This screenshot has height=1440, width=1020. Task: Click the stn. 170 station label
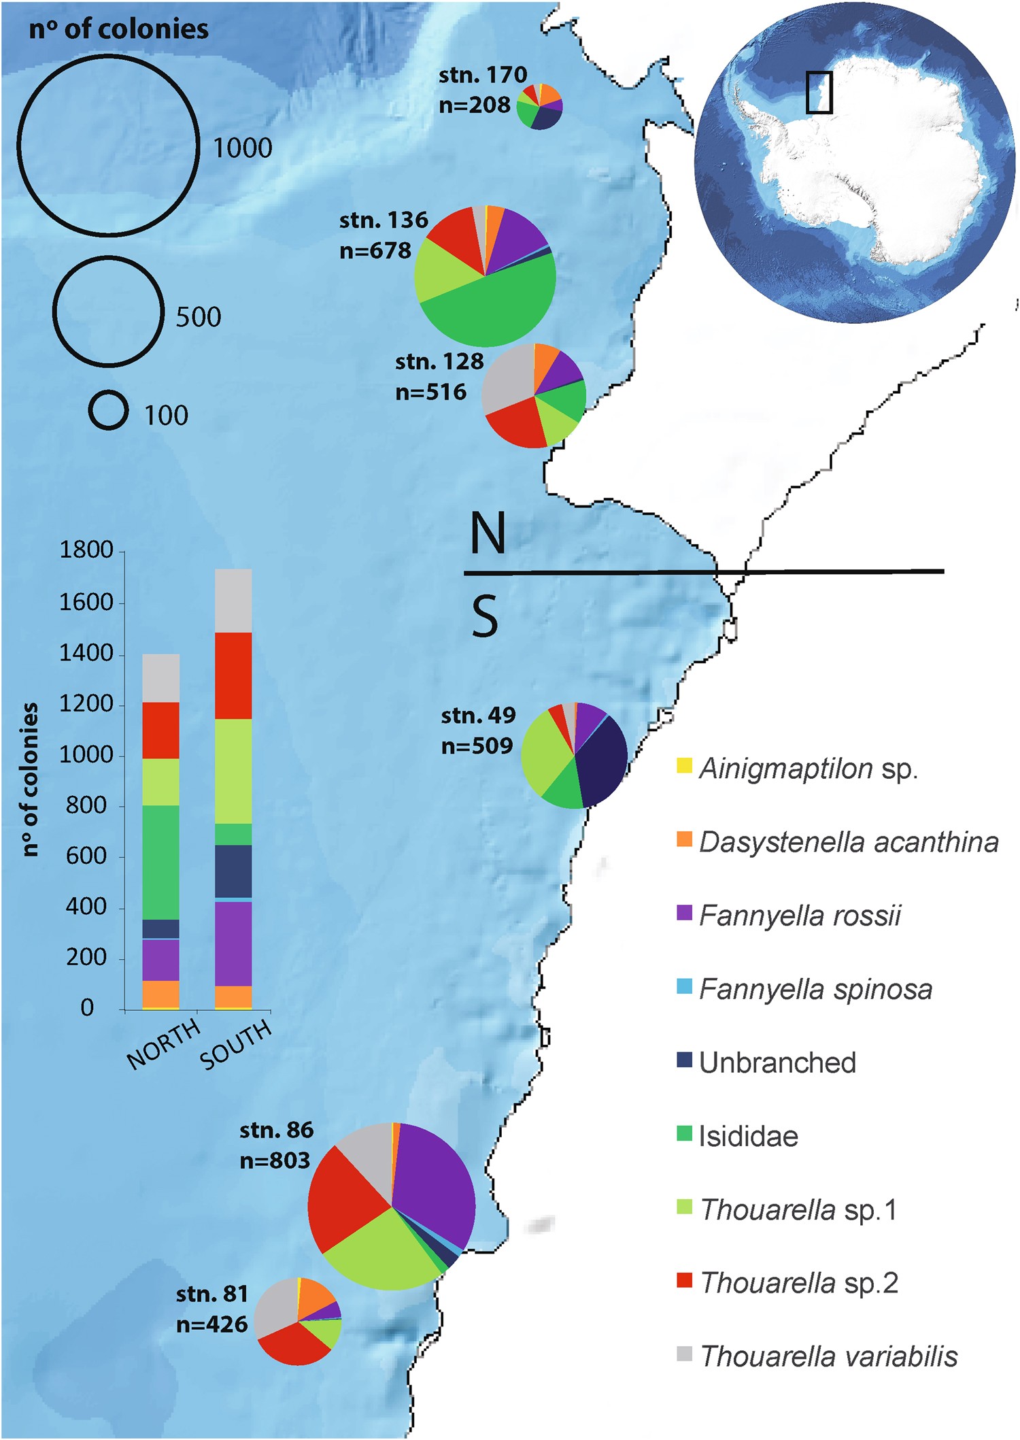[x=482, y=75]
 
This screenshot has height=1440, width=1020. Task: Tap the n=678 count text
[x=375, y=251]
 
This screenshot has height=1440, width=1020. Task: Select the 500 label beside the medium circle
[x=199, y=317]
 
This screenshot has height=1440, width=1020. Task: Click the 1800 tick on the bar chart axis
[x=86, y=550]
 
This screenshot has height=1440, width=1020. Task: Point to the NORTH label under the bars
[x=163, y=1044]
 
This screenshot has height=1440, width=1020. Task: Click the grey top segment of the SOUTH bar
[x=233, y=601]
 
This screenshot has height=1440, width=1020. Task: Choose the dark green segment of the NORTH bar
[x=161, y=862]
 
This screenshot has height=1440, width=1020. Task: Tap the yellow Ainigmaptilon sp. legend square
[x=684, y=766]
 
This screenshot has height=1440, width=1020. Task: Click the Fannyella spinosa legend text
[x=815, y=989]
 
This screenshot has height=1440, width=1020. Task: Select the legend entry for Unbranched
[x=777, y=1062]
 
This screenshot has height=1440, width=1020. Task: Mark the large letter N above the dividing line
[x=488, y=533]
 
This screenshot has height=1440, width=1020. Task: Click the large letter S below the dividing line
[x=484, y=616]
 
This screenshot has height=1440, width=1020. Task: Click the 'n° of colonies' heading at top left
[x=118, y=29]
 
